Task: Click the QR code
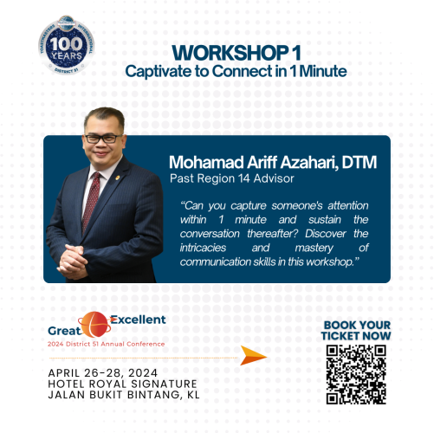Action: [x=355, y=373]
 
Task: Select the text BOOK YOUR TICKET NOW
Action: [x=355, y=330]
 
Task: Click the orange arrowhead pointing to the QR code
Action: [x=252, y=355]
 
